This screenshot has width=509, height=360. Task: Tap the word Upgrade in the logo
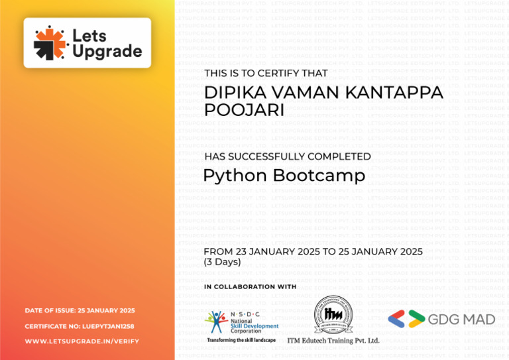click(x=107, y=51)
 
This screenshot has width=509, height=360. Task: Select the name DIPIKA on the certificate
click(x=232, y=93)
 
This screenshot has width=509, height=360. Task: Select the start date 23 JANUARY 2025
click(x=274, y=251)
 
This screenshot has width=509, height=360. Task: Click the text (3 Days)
click(x=222, y=262)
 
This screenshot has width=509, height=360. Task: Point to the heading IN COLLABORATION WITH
click(x=250, y=287)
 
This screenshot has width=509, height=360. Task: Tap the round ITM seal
click(x=333, y=315)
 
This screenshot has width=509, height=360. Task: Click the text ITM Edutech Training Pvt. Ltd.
click(x=333, y=341)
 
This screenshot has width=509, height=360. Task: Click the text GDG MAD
click(x=461, y=320)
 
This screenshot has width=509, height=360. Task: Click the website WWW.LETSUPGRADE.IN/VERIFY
click(x=82, y=341)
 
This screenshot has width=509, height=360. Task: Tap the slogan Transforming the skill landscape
click(x=241, y=340)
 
